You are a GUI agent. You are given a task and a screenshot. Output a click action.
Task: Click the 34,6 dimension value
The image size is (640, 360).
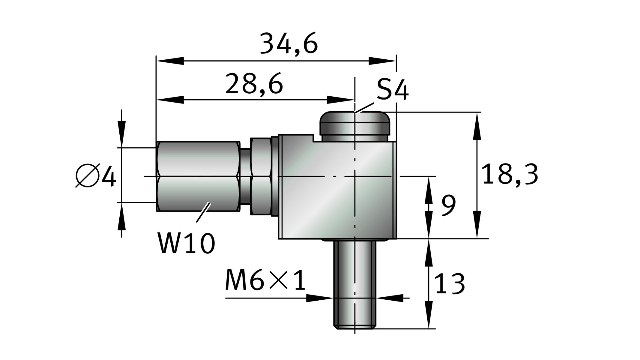pyautogui.click(x=289, y=44)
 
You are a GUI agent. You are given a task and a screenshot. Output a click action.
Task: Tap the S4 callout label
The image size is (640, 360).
pyautogui.click(x=393, y=89)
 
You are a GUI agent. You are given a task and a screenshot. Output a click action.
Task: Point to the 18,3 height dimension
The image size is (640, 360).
pyautogui.click(x=510, y=175)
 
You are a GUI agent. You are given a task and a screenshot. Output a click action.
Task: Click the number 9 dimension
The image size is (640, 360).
pyautogui.click(x=449, y=205)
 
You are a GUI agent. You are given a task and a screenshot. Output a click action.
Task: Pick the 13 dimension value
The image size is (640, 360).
pyautogui.click(x=450, y=283)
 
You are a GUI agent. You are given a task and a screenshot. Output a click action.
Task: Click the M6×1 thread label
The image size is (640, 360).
pyautogui.click(x=265, y=280)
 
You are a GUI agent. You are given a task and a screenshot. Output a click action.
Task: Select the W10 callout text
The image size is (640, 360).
pyautogui.click(x=186, y=244)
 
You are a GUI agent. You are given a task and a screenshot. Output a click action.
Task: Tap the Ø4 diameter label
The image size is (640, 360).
pyautogui.click(x=96, y=175)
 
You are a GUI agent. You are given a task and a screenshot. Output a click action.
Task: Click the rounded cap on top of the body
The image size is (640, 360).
pyautogui.click(x=355, y=127)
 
